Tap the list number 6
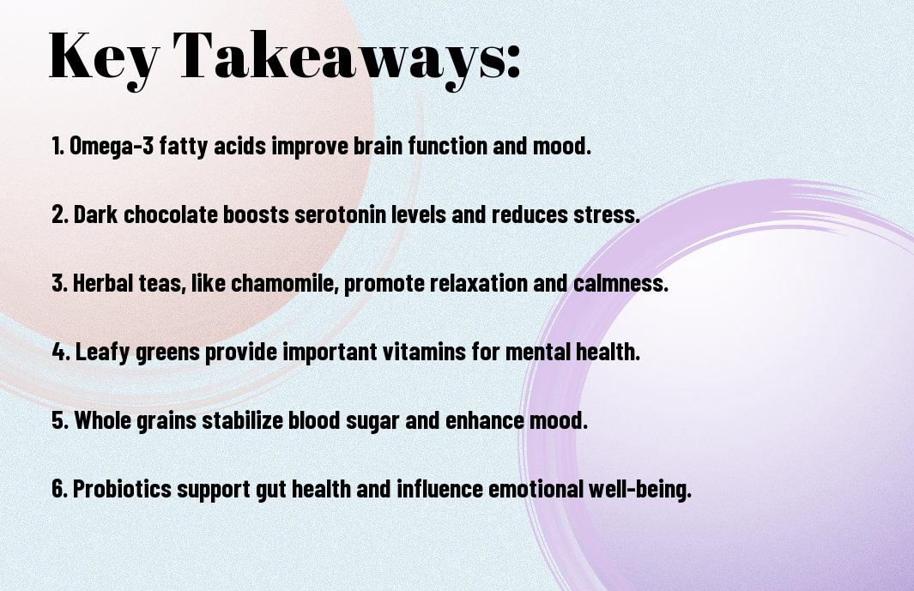59,489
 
